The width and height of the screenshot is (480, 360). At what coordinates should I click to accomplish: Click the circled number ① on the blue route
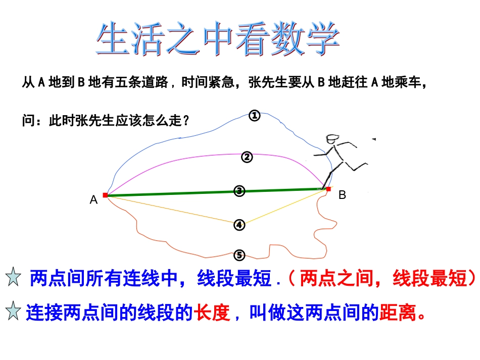pos(255,116)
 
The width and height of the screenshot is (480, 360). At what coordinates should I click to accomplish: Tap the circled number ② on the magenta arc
pos(247,158)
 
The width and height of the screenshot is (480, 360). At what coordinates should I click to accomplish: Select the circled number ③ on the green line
pos(239,191)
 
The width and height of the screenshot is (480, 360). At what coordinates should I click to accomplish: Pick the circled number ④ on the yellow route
pos(239,225)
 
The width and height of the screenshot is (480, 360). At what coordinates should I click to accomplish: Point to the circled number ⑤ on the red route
pos(239,254)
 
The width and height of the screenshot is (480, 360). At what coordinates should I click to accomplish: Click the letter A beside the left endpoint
pos(93,200)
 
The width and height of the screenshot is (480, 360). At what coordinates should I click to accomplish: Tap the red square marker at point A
pos(105,195)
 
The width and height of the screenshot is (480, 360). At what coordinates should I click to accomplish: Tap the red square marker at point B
pos(328,189)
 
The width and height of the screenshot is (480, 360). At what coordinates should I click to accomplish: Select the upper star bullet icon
pos(13,277)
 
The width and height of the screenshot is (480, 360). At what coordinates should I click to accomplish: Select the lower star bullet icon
pos(13,313)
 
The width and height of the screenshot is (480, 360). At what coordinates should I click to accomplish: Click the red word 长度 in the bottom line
pos(212,314)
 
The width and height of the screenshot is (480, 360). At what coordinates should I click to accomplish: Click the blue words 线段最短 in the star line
pos(234,278)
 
